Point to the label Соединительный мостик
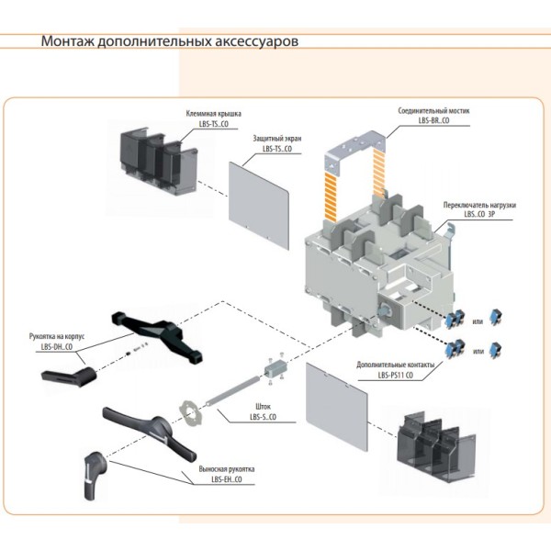click(433, 110)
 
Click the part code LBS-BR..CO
click(433, 120)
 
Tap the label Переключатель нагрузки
click(478, 206)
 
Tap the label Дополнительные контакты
click(397, 365)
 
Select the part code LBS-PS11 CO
click(396, 376)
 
